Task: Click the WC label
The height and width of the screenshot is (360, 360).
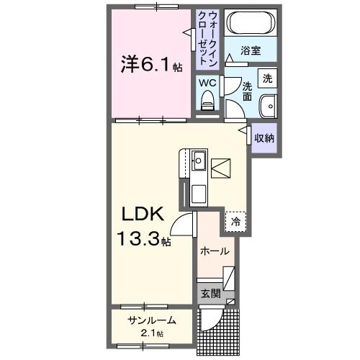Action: coord(207,83)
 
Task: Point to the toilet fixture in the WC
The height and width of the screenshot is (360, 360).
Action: coord(208,103)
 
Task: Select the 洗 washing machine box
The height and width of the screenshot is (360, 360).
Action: coord(266,77)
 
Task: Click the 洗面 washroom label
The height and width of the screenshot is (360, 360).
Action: coord(247,90)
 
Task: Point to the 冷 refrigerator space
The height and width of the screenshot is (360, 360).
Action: coord(235,222)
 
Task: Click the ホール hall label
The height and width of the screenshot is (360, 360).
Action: coord(215,251)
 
